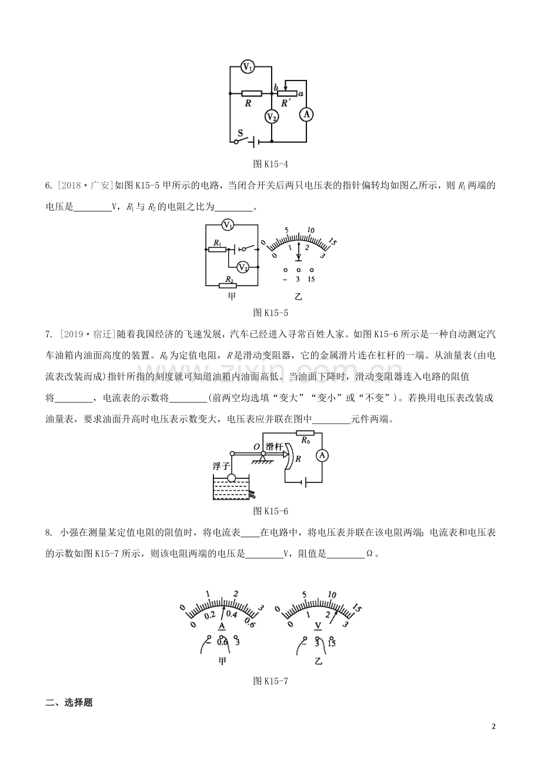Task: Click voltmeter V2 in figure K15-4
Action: point(271,117)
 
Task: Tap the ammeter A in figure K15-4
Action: point(306,114)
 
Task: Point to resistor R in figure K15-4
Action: point(252,93)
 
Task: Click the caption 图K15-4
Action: point(270,163)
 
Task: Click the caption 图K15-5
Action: point(270,312)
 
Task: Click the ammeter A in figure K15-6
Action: point(322,455)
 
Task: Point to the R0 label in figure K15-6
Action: point(305,439)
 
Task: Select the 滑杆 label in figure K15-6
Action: point(274,446)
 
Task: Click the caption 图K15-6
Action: point(270,511)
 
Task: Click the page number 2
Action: point(494,726)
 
